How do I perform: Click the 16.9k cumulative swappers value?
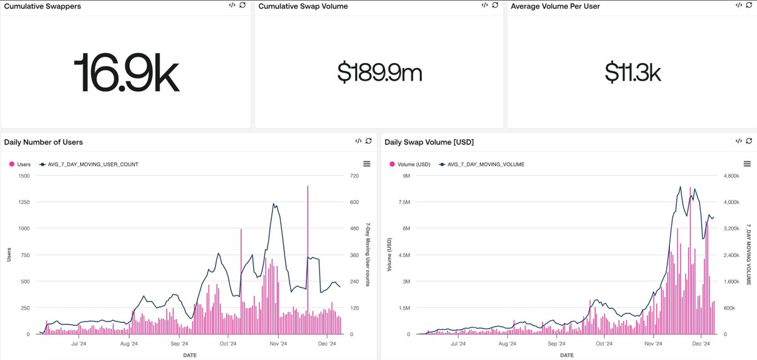(126, 72)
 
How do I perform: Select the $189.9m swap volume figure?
(379, 73)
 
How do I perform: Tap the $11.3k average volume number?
(632, 73)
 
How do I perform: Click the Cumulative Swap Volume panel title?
(303, 6)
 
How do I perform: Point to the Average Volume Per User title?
(555, 6)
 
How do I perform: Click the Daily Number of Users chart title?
(44, 142)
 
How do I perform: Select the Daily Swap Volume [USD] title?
(429, 142)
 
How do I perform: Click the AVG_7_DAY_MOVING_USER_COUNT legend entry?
(93, 164)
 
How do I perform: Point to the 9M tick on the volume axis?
(406, 176)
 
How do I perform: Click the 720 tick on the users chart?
(354, 176)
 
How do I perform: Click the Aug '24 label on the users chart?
(129, 344)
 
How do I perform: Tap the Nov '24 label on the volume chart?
(654, 344)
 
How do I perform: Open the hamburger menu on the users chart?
(367, 164)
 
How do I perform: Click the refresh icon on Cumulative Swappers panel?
(242, 5)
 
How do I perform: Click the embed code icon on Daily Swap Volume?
(737, 141)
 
